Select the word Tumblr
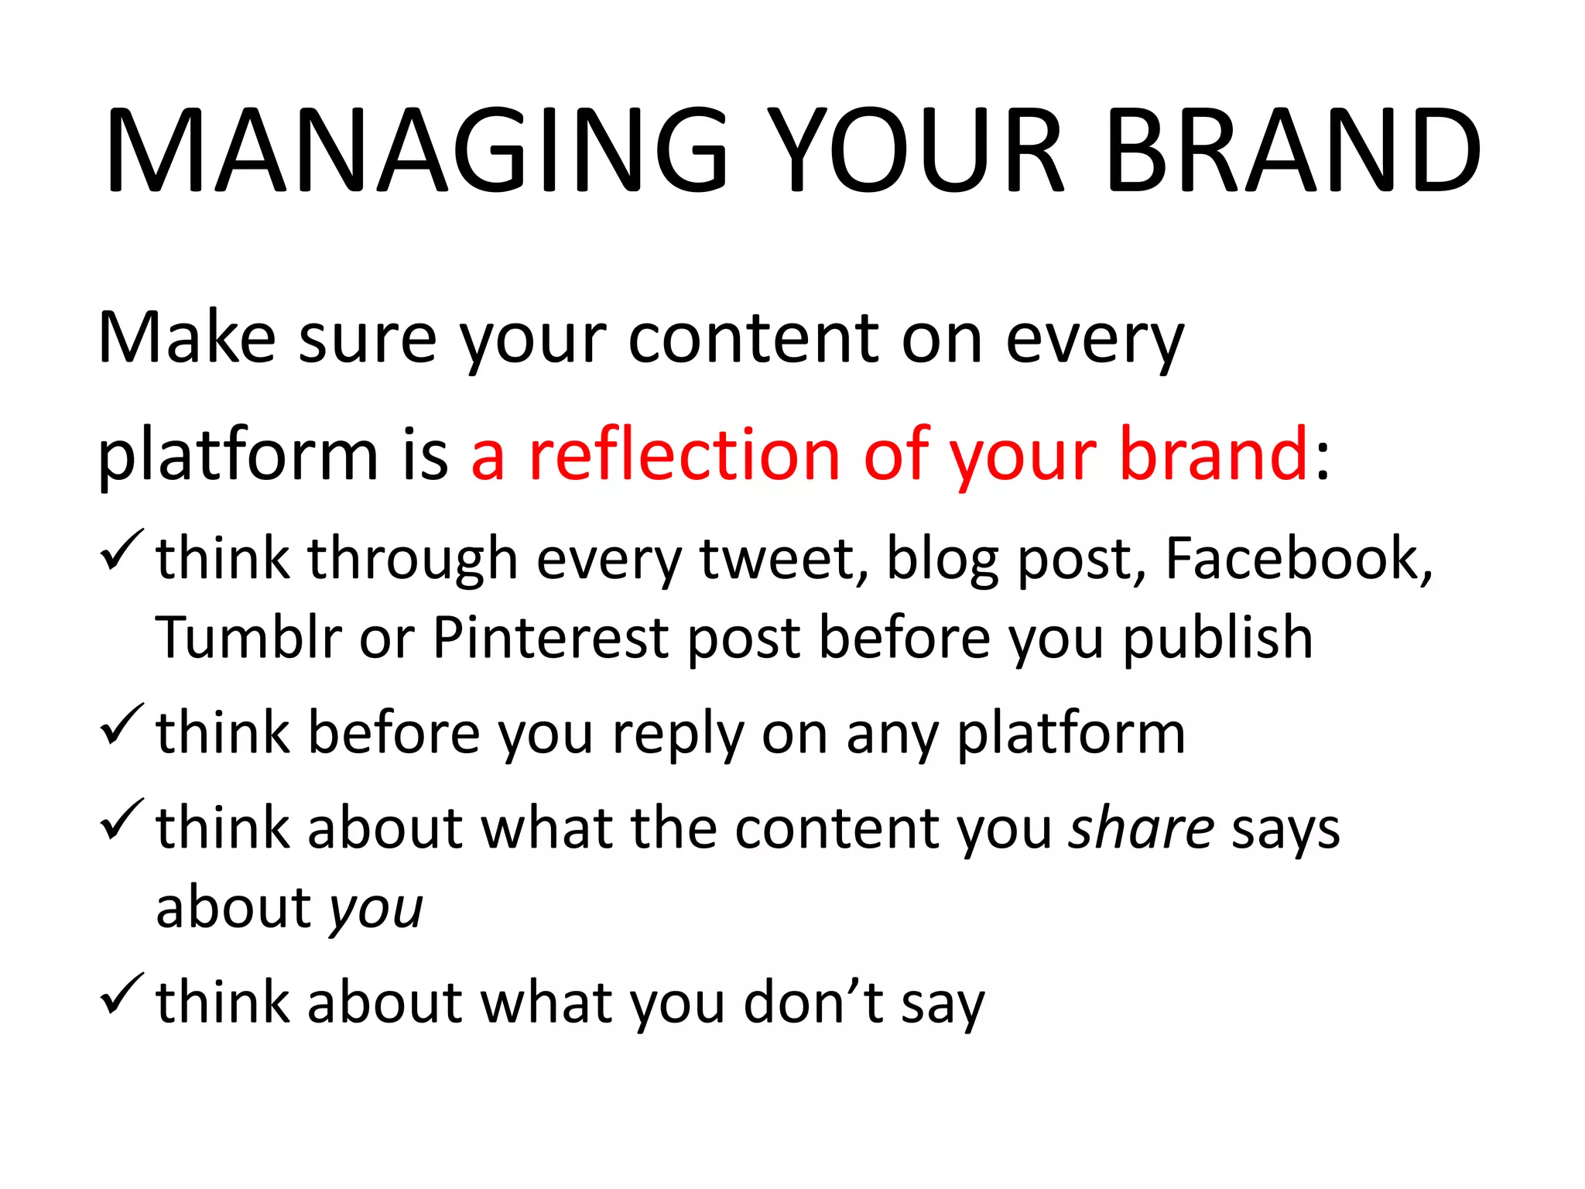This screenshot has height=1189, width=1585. tap(248, 638)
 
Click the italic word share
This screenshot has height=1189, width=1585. tap(1141, 828)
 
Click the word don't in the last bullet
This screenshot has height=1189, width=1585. tap(813, 1002)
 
